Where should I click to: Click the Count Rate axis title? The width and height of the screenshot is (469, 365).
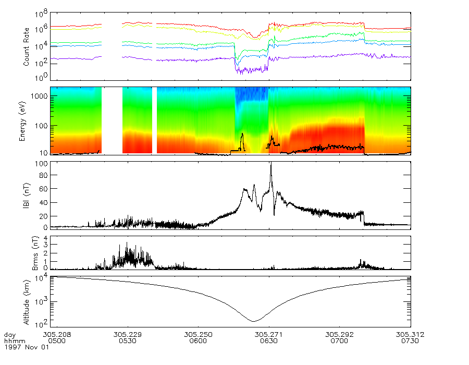[x=27, y=46]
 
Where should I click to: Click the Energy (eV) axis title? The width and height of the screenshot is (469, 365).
[x=22, y=121]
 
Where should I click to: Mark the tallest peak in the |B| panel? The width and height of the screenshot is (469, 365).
[x=271, y=163]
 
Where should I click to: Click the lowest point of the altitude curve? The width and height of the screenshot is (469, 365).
[x=253, y=321]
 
